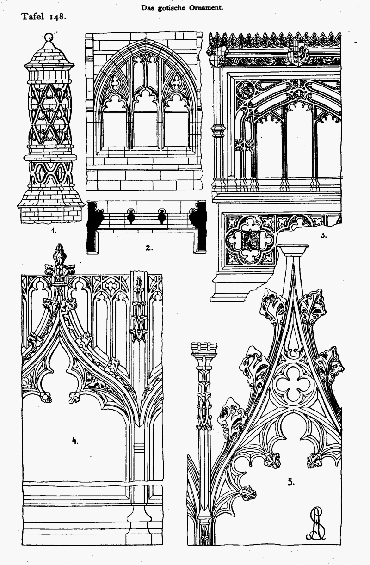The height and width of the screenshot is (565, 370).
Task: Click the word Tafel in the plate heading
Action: (33, 17)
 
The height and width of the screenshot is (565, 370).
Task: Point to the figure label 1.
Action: (54, 230)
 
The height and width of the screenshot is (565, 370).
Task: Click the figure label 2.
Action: (149, 248)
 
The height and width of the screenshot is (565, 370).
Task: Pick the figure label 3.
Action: (324, 236)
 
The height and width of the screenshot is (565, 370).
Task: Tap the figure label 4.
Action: (75, 441)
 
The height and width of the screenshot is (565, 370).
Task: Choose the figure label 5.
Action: (291, 482)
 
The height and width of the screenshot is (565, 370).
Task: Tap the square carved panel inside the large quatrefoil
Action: (249, 241)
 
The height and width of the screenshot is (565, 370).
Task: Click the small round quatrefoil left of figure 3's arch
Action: (244, 90)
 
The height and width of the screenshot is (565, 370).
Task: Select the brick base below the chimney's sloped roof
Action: (51, 215)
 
